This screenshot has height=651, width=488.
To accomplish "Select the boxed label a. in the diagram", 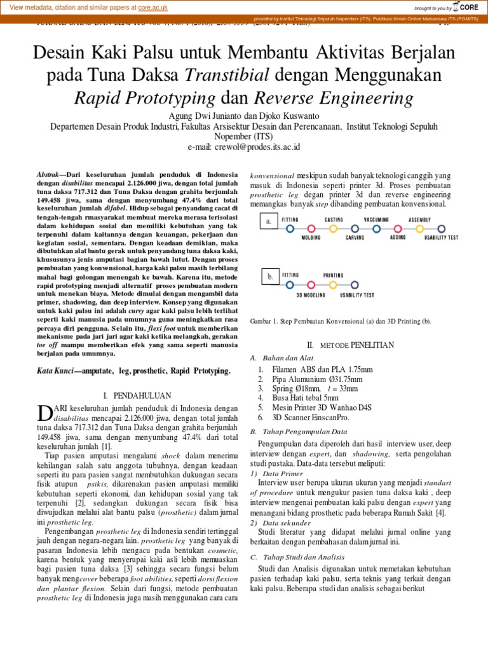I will click(269, 222).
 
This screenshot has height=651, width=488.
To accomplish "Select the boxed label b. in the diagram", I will click(269, 277).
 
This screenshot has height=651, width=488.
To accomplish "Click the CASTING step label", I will click(334, 219).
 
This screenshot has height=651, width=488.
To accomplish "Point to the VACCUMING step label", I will click(376, 219).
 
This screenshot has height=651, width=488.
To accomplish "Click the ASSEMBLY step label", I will click(420, 219).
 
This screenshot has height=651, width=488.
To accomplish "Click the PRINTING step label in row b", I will click(334, 275).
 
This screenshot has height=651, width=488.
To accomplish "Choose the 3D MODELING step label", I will click(311, 294).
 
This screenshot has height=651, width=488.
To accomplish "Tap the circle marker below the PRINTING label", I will click(334, 284).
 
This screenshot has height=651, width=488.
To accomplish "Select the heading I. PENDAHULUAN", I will click(138, 395).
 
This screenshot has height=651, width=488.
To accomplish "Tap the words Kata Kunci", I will click(54, 370).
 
